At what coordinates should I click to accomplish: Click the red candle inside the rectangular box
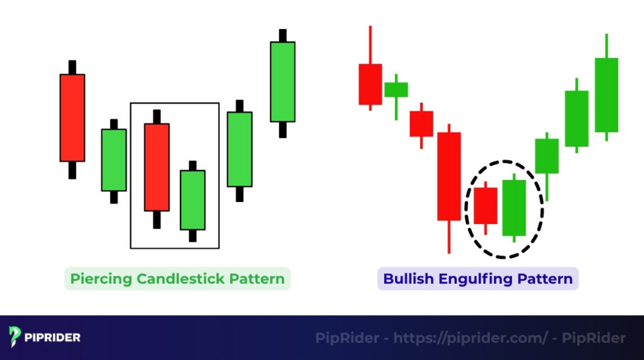[157, 167]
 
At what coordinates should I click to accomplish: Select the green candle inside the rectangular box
[192, 200]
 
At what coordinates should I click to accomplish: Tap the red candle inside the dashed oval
[486, 205]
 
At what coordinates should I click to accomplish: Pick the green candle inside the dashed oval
[514, 208]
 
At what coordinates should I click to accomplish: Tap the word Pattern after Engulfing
[549, 279]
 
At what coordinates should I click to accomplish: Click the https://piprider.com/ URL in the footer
[470, 338]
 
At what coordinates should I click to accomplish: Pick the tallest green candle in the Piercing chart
[282, 81]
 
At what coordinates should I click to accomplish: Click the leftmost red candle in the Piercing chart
[72, 118]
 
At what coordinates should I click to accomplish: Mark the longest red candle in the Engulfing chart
[449, 176]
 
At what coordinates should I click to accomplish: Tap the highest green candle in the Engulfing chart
[606, 94]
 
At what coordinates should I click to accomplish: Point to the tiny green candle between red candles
[396, 89]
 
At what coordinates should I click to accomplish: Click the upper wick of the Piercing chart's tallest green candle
[282, 35]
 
